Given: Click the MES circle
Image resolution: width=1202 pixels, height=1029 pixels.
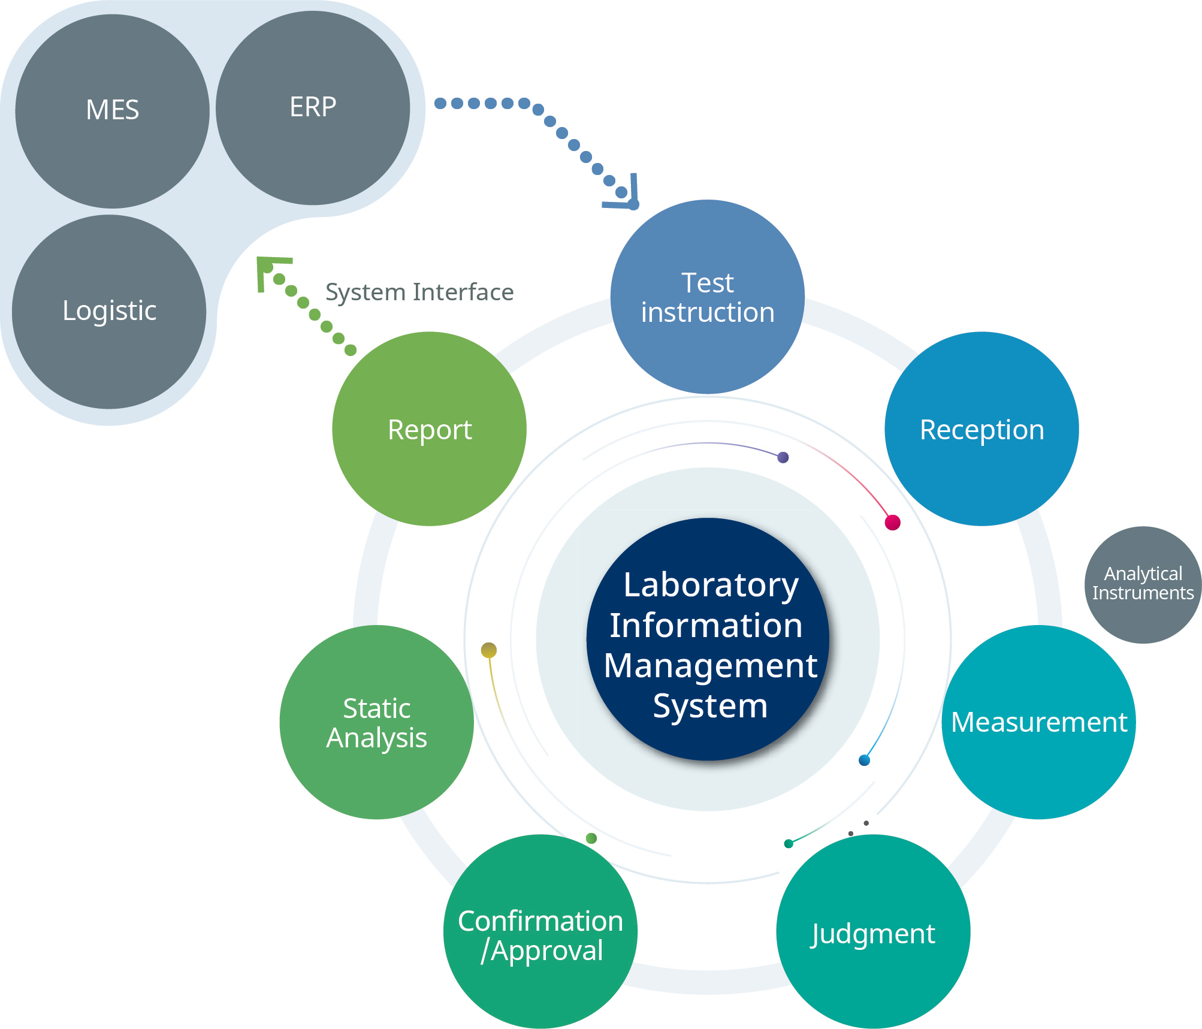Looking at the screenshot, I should (112, 111).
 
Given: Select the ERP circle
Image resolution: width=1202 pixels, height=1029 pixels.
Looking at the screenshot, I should (313, 108).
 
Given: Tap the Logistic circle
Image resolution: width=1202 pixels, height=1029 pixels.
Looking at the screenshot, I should (109, 312).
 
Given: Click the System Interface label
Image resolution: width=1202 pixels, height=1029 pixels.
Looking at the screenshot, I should (419, 292).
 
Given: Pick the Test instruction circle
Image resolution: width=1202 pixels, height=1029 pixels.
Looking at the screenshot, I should (707, 297).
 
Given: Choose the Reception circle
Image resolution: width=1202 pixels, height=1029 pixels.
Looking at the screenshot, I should (981, 429).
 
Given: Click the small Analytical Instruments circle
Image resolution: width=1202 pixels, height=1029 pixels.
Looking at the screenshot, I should (1143, 584).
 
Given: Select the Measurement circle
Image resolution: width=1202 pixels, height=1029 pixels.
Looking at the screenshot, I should (1038, 722).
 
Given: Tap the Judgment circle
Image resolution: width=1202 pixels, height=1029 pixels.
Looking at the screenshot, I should (872, 932).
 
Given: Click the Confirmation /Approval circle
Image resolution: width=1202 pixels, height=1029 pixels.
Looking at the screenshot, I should (540, 932).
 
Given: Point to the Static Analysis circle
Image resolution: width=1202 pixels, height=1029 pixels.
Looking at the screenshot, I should (376, 722).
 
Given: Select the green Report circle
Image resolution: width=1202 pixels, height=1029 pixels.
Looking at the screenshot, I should (429, 429).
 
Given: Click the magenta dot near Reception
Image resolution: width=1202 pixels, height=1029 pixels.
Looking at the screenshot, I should (892, 522).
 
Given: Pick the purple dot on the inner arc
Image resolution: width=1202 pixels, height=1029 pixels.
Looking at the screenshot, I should (783, 457).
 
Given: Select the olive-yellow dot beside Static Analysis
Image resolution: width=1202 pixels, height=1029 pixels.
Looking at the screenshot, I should (489, 650).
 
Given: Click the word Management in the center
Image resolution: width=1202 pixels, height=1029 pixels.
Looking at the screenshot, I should (710, 666).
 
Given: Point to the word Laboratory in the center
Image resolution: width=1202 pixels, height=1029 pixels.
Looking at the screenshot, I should (711, 585).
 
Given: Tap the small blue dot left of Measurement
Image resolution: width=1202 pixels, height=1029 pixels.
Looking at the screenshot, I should (864, 760).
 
